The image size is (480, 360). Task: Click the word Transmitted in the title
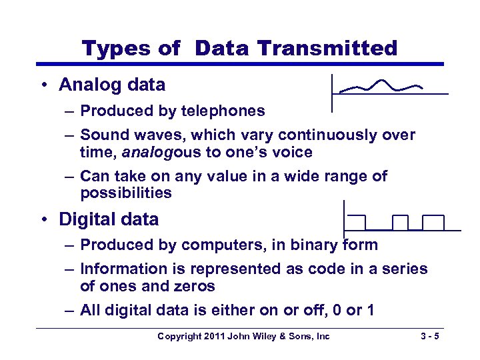[327, 48]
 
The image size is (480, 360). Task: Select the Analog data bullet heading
[112, 85]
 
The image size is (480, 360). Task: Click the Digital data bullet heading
[109, 219]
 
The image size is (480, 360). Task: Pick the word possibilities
[126, 193]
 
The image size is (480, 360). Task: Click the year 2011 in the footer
[213, 336]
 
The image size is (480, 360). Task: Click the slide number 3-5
[426, 336]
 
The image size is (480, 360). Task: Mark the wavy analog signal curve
[381, 86]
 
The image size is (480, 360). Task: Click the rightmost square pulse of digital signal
[433, 222]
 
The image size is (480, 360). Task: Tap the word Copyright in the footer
[179, 336]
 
